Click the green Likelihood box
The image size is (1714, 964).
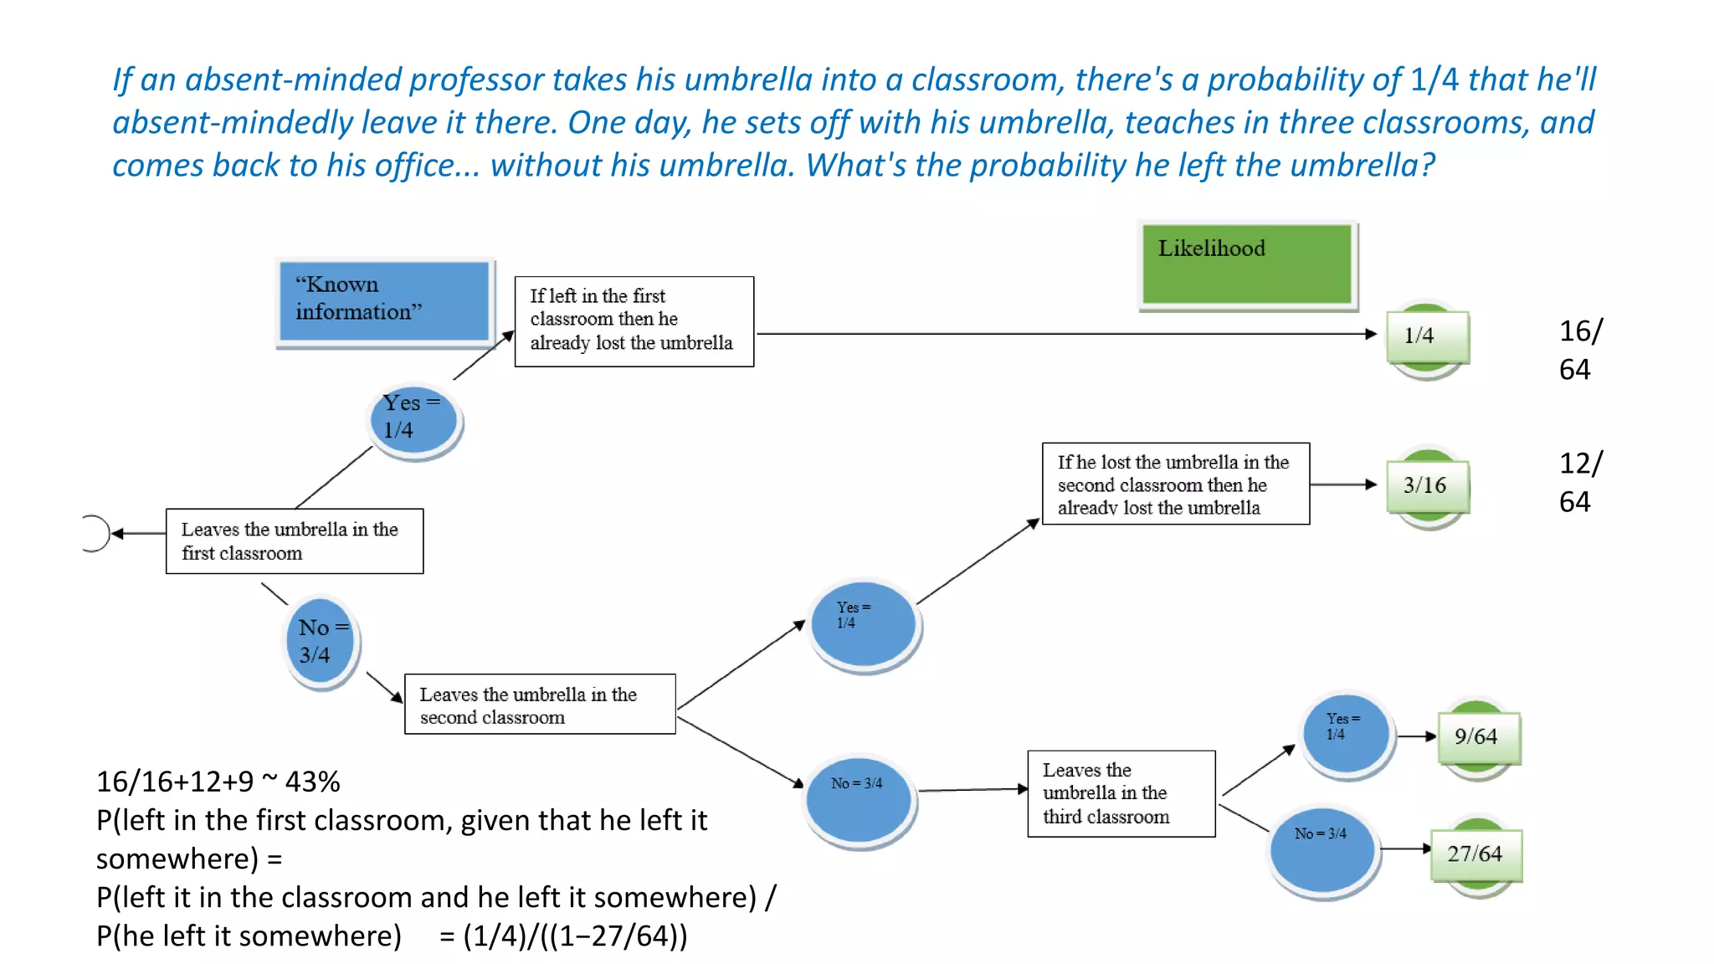(1247, 264)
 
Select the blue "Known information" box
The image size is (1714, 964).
(384, 301)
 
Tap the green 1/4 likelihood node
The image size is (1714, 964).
(1427, 336)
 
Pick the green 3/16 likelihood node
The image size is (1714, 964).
(1427, 486)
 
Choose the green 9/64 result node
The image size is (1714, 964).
(1478, 737)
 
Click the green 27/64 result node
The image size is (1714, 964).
(1476, 854)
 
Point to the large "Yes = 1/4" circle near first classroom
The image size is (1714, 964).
(414, 418)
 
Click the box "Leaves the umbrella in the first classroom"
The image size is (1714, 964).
(295, 541)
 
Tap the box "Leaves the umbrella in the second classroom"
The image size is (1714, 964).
(540, 705)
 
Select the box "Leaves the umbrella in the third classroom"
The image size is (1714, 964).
(1121, 793)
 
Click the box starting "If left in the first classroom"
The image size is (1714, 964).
(634, 321)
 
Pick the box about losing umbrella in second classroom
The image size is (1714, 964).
(1175, 485)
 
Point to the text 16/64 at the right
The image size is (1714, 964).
(1579, 350)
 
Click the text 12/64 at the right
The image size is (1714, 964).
(1579, 482)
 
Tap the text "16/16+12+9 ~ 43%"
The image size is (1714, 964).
(218, 782)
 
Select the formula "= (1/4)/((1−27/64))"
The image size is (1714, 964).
(563, 936)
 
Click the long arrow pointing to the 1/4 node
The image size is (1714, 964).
(1063, 334)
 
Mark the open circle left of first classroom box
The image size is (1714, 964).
(95, 533)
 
